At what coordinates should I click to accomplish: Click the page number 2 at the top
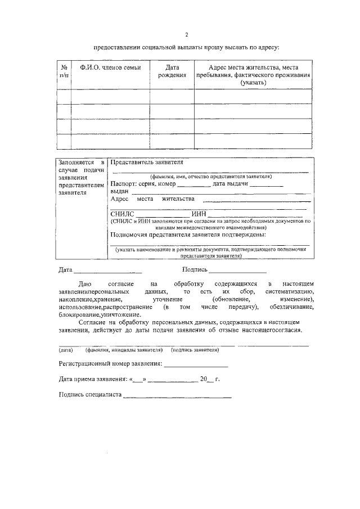pyautogui.click(x=186, y=34)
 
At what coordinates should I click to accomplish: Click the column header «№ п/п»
pyautogui.click(x=63, y=71)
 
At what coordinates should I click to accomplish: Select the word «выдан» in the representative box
pyautogui.click(x=119, y=192)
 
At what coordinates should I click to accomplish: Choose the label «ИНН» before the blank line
pyautogui.click(x=199, y=214)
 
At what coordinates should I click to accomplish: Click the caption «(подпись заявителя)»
pyautogui.click(x=195, y=350)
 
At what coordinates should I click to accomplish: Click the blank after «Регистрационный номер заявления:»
pyautogui.click(x=196, y=365)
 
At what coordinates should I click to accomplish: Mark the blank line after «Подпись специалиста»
pyautogui.click(x=177, y=397)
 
